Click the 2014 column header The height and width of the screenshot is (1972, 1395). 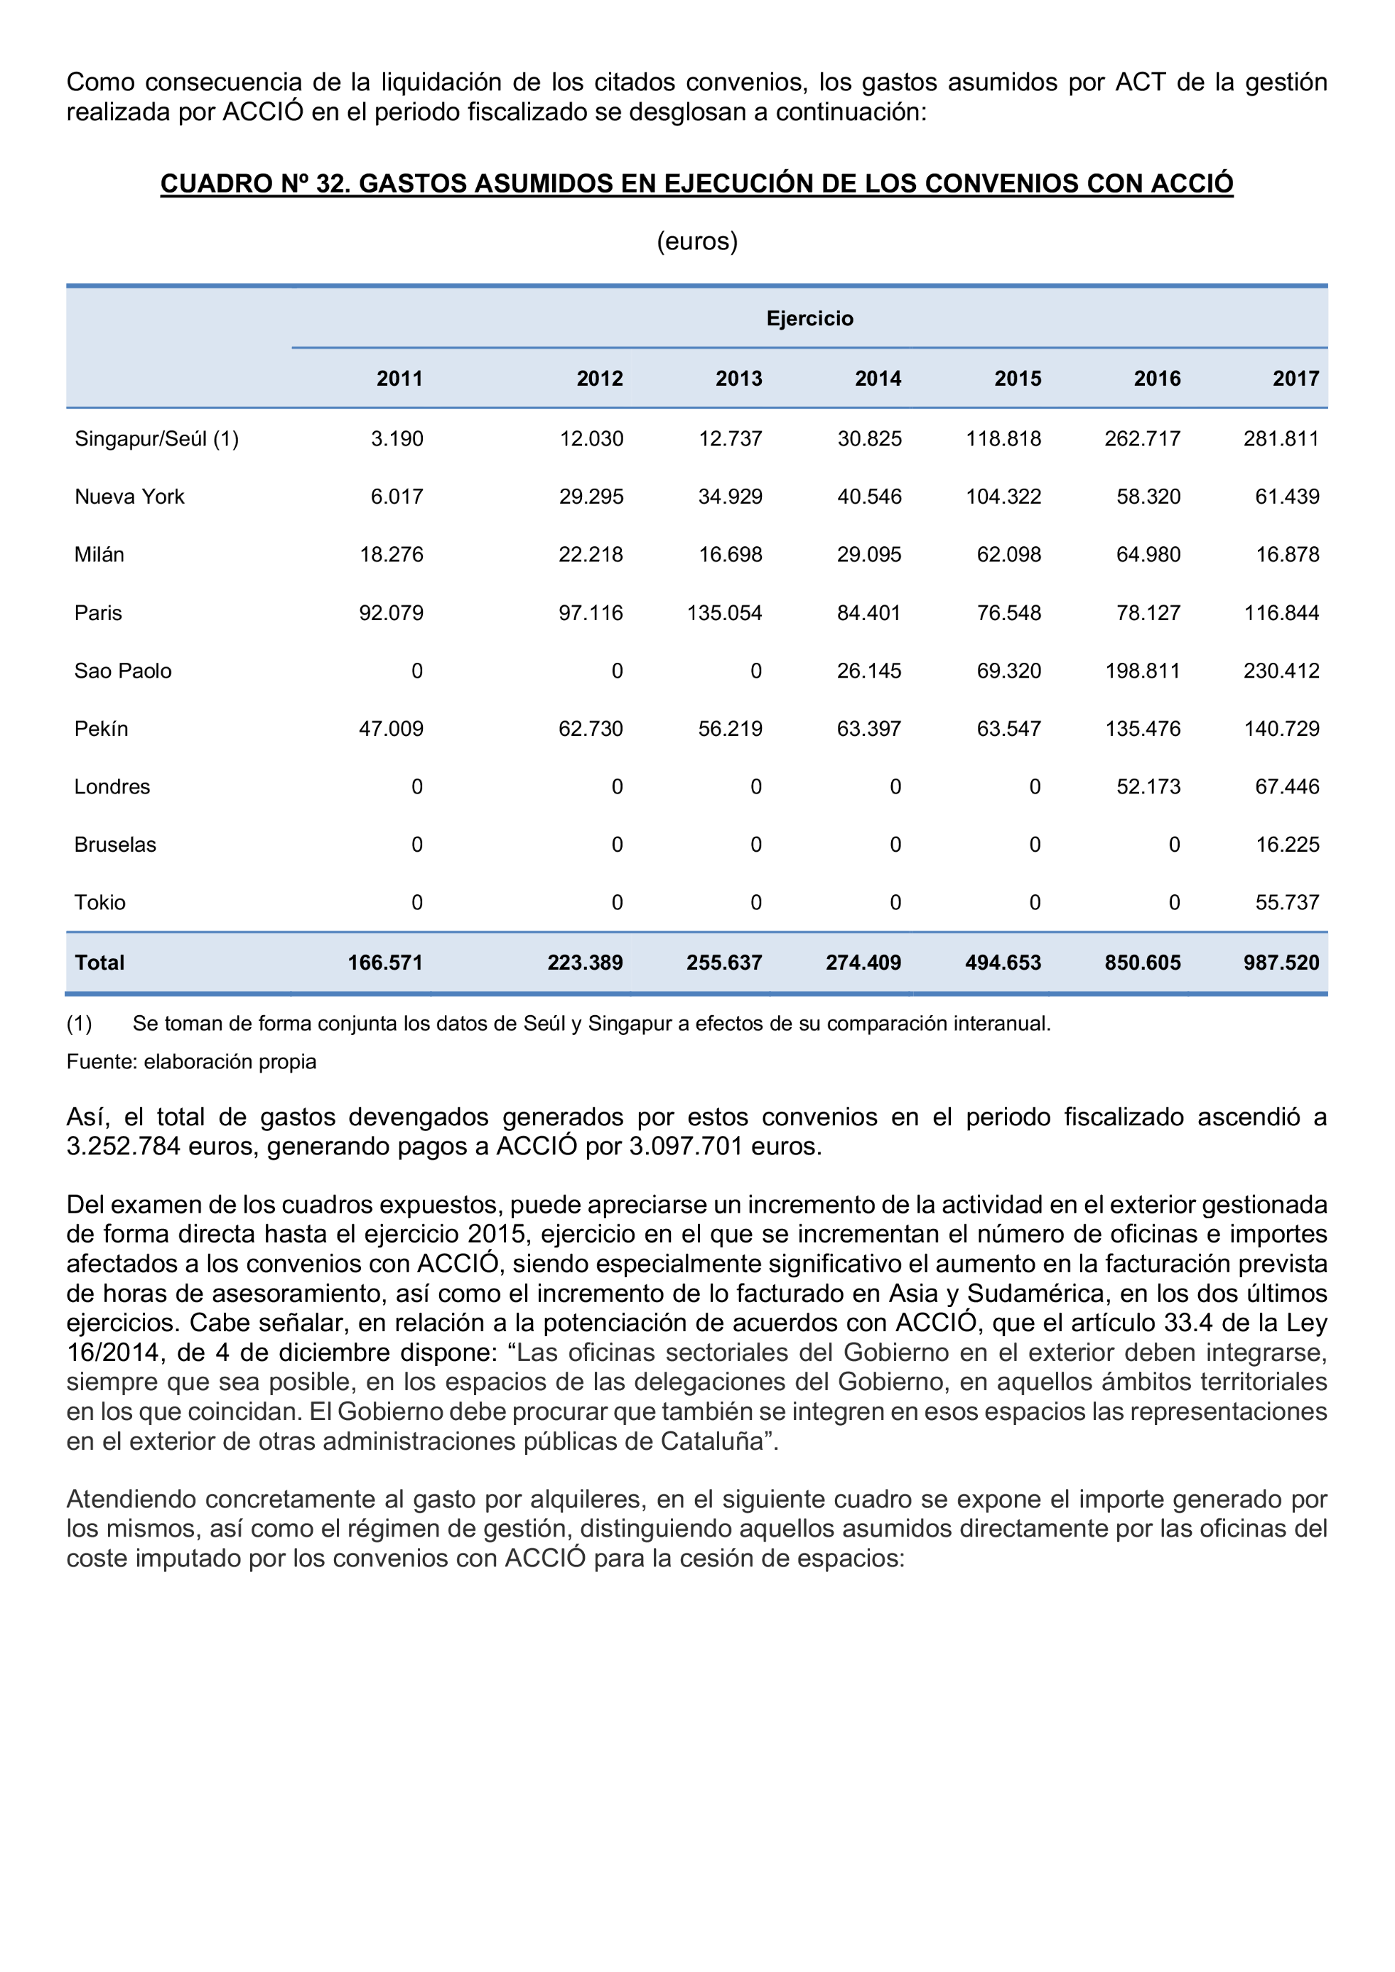(877, 379)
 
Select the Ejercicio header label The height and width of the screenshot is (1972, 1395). (809, 319)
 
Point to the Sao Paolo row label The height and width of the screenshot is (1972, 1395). (123, 671)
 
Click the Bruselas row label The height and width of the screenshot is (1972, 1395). (115, 845)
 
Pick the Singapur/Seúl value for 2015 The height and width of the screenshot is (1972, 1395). (1003, 439)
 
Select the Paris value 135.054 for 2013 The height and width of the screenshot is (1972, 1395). (724, 613)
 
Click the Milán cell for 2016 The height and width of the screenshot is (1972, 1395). (1148, 555)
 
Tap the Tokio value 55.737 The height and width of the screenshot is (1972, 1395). (1287, 903)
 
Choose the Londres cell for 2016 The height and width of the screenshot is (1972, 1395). (1148, 786)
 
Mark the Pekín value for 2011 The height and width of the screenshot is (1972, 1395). (391, 729)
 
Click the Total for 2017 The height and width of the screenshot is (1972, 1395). (1281, 963)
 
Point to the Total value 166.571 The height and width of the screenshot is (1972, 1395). (385, 963)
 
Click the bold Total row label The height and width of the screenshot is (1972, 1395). (99, 963)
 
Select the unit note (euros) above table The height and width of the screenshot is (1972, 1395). (696, 242)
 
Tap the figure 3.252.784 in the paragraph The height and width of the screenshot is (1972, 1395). (123, 1147)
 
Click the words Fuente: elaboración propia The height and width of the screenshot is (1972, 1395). (190, 1061)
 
